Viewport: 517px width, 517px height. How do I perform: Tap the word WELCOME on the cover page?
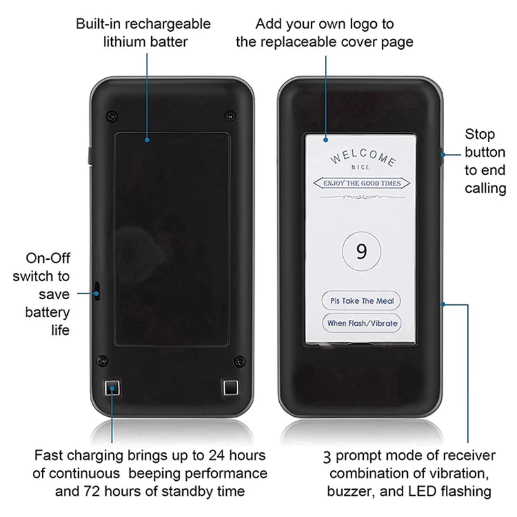pos(363,158)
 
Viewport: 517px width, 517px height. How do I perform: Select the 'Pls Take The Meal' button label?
pos(361,301)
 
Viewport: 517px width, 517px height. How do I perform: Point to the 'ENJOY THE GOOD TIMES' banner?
pos(361,184)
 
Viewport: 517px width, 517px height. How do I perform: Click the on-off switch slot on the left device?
pos(98,291)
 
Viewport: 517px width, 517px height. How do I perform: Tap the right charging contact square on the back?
pos(229,388)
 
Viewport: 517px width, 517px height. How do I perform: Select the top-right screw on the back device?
pos(227,116)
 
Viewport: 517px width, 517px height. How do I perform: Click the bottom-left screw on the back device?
pos(101,359)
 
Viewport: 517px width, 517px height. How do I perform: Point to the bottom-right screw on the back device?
pos(240,359)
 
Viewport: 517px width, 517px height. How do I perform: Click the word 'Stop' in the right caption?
pos(480,134)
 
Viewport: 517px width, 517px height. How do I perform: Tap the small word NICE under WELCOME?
pos(361,167)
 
